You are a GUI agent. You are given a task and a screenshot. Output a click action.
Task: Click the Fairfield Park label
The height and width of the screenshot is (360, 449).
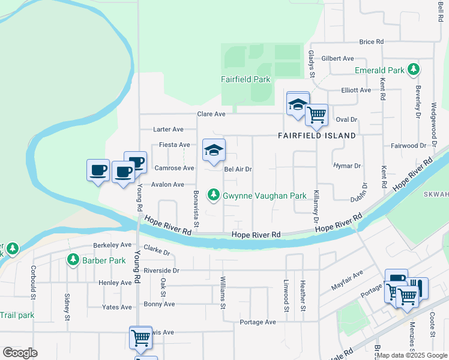tap(245, 79)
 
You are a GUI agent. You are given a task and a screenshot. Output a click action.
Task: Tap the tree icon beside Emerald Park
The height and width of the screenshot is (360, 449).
tap(413, 70)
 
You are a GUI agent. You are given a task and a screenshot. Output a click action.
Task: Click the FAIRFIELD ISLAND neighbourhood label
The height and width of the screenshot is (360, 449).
tap(316, 136)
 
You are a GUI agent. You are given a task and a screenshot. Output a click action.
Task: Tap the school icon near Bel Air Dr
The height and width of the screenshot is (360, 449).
tap(214, 151)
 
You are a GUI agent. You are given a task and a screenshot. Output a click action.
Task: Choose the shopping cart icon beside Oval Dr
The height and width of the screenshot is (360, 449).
tap(316, 114)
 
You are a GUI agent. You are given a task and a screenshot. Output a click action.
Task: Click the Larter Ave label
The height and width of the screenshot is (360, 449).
tap(169, 129)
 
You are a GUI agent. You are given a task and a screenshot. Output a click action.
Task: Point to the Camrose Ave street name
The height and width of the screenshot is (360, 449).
tap(174, 168)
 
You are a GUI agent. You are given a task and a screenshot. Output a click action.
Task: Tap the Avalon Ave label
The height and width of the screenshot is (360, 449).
tap(167, 184)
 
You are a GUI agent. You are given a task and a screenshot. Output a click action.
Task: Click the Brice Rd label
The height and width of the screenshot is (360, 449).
tap(371, 42)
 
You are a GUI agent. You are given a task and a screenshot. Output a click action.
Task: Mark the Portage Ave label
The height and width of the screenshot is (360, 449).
tap(258, 322)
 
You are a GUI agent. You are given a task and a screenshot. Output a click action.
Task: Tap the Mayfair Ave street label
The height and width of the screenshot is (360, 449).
tap(348, 280)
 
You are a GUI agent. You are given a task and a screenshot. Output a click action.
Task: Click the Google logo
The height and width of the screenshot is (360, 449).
tap(20, 353)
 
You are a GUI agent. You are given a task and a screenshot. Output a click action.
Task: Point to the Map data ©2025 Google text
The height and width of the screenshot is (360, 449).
tap(412, 355)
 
